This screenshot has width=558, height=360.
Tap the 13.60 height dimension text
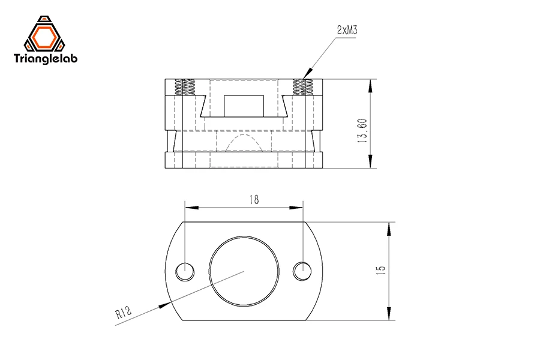pyautogui.click(x=362, y=130)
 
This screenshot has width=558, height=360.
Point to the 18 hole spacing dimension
pyautogui.click(x=254, y=200)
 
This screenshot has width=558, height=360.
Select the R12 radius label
pyautogui.click(x=123, y=313)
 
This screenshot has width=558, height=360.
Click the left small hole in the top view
pyautogui.click(x=185, y=272)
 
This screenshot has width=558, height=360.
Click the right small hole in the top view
pyautogui.click(x=302, y=272)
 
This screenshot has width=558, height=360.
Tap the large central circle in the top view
pyautogui.click(x=244, y=271)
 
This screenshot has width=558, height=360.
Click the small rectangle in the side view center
pyautogui.click(x=244, y=106)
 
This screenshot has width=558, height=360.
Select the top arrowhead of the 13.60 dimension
pyautogui.click(x=371, y=85)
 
